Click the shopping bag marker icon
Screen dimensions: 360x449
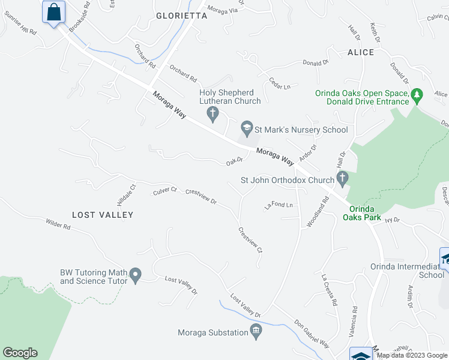(x=54, y=12)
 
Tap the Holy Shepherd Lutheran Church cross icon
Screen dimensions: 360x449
(x=211, y=112)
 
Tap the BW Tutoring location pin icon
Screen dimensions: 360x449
(x=136, y=276)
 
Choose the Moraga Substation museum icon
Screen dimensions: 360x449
(x=256, y=331)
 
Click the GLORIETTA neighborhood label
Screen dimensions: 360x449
(x=181, y=16)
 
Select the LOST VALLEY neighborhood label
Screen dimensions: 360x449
(x=103, y=214)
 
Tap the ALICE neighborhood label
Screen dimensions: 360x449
(x=360, y=52)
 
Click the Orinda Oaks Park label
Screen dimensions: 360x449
(x=362, y=213)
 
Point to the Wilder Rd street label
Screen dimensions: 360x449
(x=58, y=227)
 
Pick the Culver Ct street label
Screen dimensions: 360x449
(x=165, y=190)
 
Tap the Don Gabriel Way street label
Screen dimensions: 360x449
(x=312, y=334)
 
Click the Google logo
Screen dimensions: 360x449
(x=20, y=353)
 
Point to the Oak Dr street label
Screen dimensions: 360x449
(x=234, y=160)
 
